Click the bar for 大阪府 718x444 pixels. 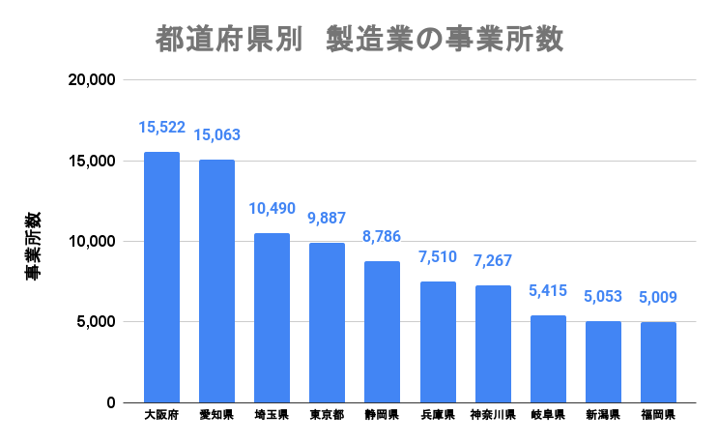161,277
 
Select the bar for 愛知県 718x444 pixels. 216,281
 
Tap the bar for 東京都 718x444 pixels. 327,322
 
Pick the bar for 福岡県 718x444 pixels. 658,362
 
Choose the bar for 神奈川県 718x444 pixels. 493,343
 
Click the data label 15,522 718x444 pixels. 161,128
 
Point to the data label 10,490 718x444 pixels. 272,209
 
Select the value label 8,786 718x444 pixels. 382,237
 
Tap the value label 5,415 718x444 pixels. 548,291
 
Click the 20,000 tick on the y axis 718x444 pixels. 94,80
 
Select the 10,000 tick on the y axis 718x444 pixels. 94,242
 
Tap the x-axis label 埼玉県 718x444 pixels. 272,415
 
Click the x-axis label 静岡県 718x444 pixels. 382,415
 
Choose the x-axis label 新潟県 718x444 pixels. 603,415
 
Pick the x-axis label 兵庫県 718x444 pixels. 438,415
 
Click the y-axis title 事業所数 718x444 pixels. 33,245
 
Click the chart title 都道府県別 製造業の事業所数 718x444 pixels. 359,40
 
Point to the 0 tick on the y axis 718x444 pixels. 111,402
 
